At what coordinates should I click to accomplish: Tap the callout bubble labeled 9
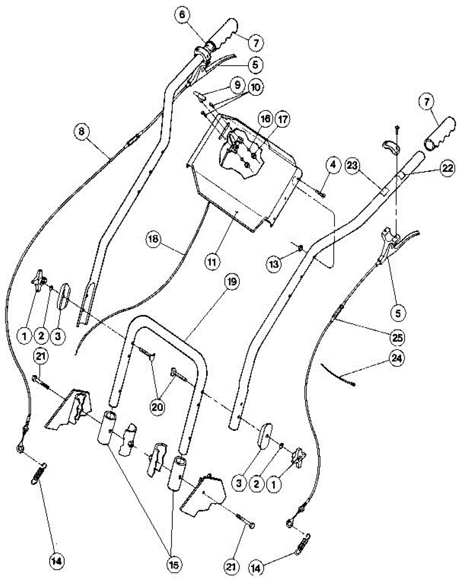pyautogui.click(x=237, y=84)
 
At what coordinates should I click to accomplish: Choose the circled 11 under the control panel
pyautogui.click(x=213, y=261)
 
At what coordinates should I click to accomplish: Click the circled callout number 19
pyautogui.click(x=231, y=283)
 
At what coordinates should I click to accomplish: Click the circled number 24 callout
pyautogui.click(x=398, y=360)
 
